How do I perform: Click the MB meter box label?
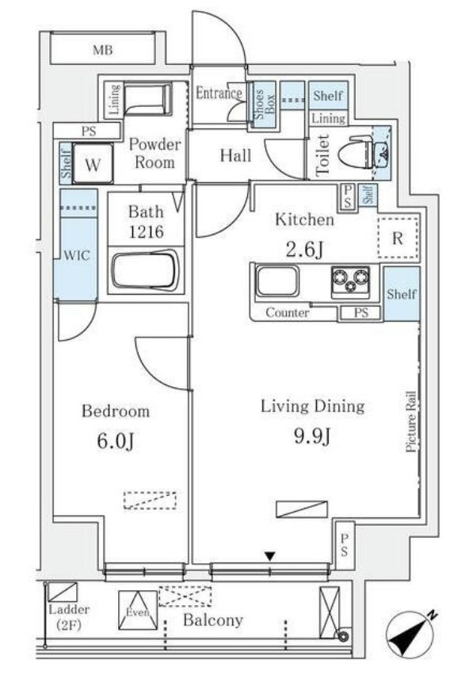103,51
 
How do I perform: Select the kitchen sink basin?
277,280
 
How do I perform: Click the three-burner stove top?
350,281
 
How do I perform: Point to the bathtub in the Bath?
145,271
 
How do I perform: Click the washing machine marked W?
93,164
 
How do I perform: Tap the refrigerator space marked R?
398,238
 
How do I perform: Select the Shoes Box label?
264,105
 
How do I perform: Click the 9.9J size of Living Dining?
312,437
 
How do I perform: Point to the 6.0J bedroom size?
116,441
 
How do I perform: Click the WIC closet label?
77,255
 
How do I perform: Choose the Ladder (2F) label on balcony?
69,617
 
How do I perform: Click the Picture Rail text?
411,421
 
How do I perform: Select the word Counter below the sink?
287,312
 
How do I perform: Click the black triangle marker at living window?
270,556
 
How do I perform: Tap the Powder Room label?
155,153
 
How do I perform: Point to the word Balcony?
213,620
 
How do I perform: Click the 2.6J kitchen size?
304,250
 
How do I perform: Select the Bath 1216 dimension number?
147,232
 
